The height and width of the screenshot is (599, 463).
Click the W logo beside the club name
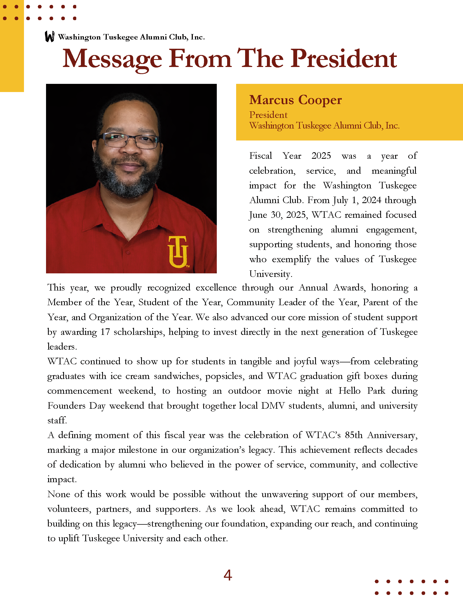[x=50, y=36]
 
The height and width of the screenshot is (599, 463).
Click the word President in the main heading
[x=343, y=59]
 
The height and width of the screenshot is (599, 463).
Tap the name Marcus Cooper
[x=296, y=100]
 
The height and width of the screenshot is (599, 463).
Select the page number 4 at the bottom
[x=228, y=575]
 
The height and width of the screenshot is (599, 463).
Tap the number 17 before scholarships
[x=105, y=332]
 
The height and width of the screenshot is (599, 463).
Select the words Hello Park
[x=361, y=391]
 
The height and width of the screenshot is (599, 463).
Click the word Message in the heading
[x=112, y=59]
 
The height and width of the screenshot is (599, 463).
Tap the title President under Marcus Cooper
[x=268, y=115]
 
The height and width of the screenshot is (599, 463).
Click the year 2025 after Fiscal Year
[x=321, y=156]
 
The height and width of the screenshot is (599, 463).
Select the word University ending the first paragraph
[x=270, y=274]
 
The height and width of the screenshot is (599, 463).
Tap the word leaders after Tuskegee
[x=62, y=347]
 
